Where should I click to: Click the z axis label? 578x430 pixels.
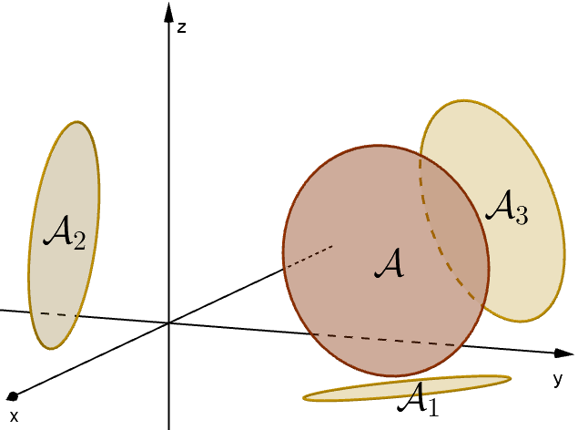pos(182,27)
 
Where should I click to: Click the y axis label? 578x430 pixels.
pos(557,377)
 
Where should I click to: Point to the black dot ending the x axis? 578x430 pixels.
pos(12,396)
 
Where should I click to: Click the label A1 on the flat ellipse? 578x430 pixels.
pos(420,398)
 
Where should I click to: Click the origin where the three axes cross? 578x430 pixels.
pos(169,322)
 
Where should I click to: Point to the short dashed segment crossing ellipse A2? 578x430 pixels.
pos(56,315)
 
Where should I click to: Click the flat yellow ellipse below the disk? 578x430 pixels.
pos(346,393)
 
